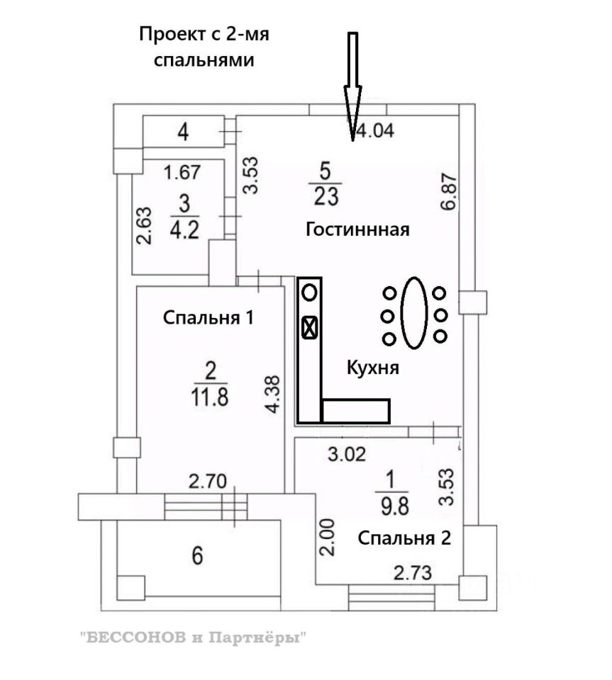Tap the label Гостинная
coord(358,229)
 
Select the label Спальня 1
coord(208,317)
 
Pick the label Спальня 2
coord(404,538)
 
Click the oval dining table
coord(414,312)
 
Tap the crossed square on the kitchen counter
coord(310,327)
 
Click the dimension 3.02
coord(347,455)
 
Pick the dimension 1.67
coord(183,171)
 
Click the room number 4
coord(184,132)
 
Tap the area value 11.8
coord(210,394)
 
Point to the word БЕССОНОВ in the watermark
coord(134,637)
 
